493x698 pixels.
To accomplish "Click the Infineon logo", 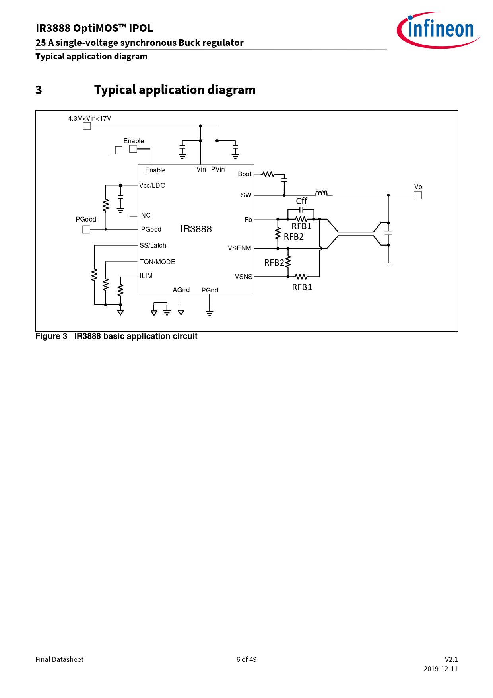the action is point(439,30).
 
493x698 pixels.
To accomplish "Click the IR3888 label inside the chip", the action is point(196,229).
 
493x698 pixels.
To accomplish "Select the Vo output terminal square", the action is point(418,195).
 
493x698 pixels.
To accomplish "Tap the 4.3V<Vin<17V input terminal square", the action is point(87,126).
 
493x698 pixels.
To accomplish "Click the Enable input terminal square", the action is point(133,149).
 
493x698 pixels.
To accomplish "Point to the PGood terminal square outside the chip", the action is point(86,229).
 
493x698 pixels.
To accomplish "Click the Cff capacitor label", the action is point(302,201).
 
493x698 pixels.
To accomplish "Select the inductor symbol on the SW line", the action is point(321,193).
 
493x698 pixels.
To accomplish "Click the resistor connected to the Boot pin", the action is point(268,174).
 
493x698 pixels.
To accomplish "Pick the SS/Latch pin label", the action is point(153,246).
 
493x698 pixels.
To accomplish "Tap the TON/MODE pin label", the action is point(157,262).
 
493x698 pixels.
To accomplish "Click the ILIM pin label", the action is point(146,276).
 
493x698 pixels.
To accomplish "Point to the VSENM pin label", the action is point(239,248).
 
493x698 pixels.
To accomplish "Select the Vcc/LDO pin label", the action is point(152,185).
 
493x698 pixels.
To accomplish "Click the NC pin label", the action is point(146,215).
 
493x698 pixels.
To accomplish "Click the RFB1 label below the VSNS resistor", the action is point(302,287).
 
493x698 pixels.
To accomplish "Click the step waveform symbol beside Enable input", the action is point(116,150).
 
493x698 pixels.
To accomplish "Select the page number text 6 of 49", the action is point(246,659).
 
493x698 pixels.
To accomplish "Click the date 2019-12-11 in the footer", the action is point(441,669).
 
